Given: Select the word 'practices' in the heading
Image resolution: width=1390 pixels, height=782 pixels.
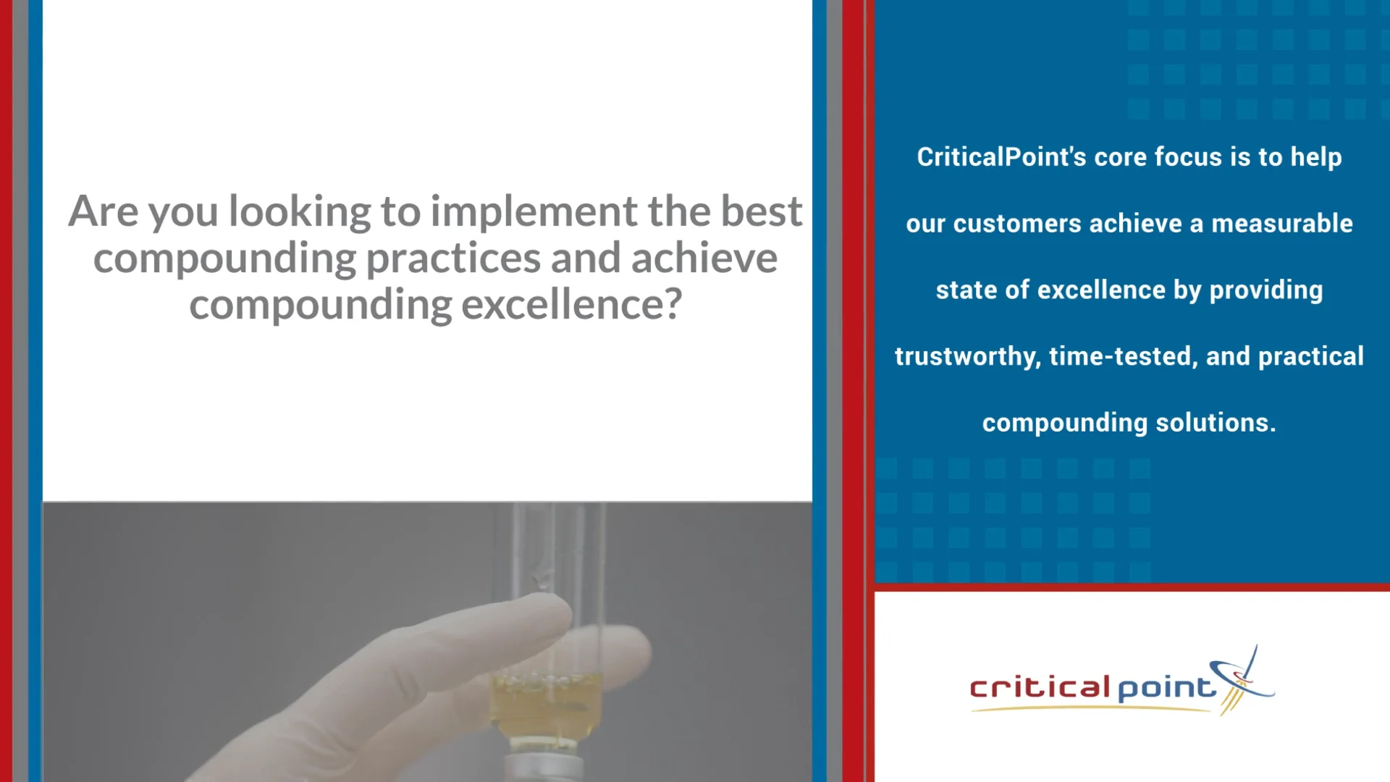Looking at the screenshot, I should [453, 258].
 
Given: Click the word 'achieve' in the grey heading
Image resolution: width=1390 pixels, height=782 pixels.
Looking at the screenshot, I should [704, 258].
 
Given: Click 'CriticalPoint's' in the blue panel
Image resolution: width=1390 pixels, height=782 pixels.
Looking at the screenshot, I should [1001, 157].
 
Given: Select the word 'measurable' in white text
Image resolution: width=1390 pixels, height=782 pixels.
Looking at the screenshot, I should [1281, 224].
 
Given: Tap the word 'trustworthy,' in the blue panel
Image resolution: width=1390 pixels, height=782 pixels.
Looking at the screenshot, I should [967, 357].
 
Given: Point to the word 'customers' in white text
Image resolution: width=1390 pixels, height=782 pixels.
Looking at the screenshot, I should [1017, 224].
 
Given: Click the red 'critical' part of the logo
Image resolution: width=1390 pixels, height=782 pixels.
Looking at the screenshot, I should [1040, 687].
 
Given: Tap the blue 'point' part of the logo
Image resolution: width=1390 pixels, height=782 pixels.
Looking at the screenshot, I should [1166, 688].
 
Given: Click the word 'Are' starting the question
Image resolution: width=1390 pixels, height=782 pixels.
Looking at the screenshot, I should [103, 211].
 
